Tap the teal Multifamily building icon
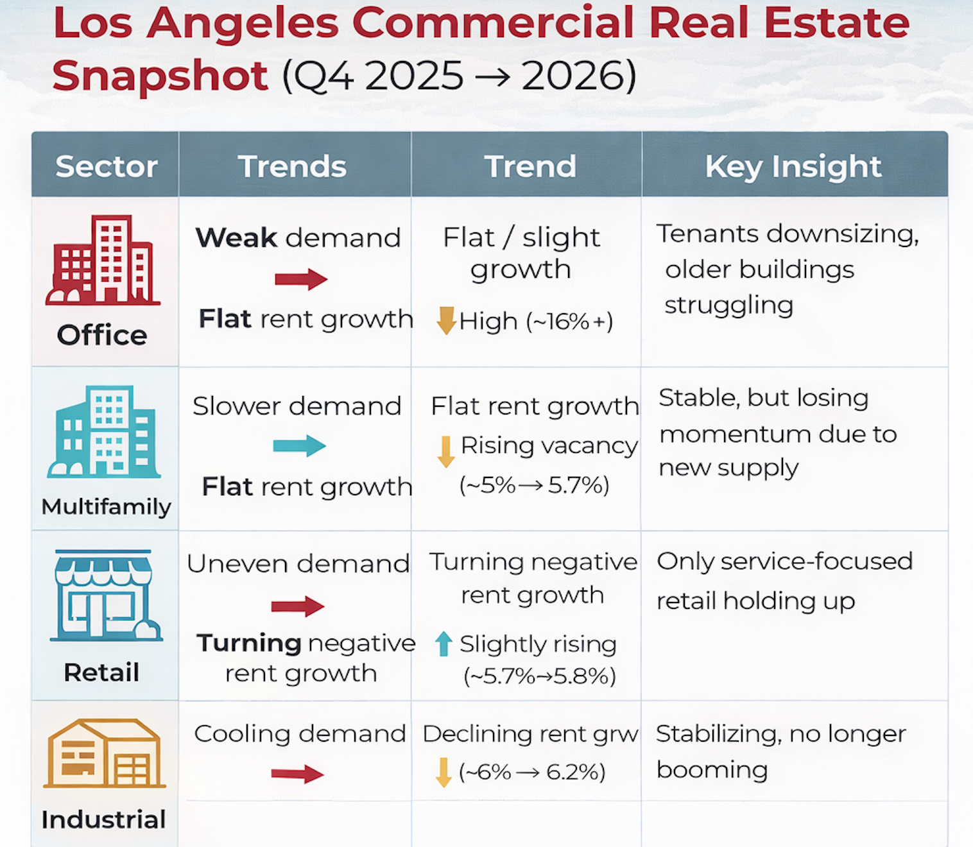tap(104, 432)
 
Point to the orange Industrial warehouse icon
tap(104, 753)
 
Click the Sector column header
tap(106, 166)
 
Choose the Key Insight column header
tap(793, 166)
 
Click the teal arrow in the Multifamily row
tap(299, 445)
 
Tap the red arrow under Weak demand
tap(301, 279)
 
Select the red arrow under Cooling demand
tap(297, 774)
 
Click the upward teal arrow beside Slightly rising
tap(443, 644)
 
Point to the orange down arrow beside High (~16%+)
tap(446, 320)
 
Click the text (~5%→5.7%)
tap(534, 485)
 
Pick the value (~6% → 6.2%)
tap(532, 772)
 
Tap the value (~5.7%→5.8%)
tap(539, 676)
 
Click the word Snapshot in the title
tap(160, 76)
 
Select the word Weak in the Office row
tap(236, 238)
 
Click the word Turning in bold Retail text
tap(249, 643)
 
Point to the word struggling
tap(728, 305)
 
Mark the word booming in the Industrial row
tap(712, 770)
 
